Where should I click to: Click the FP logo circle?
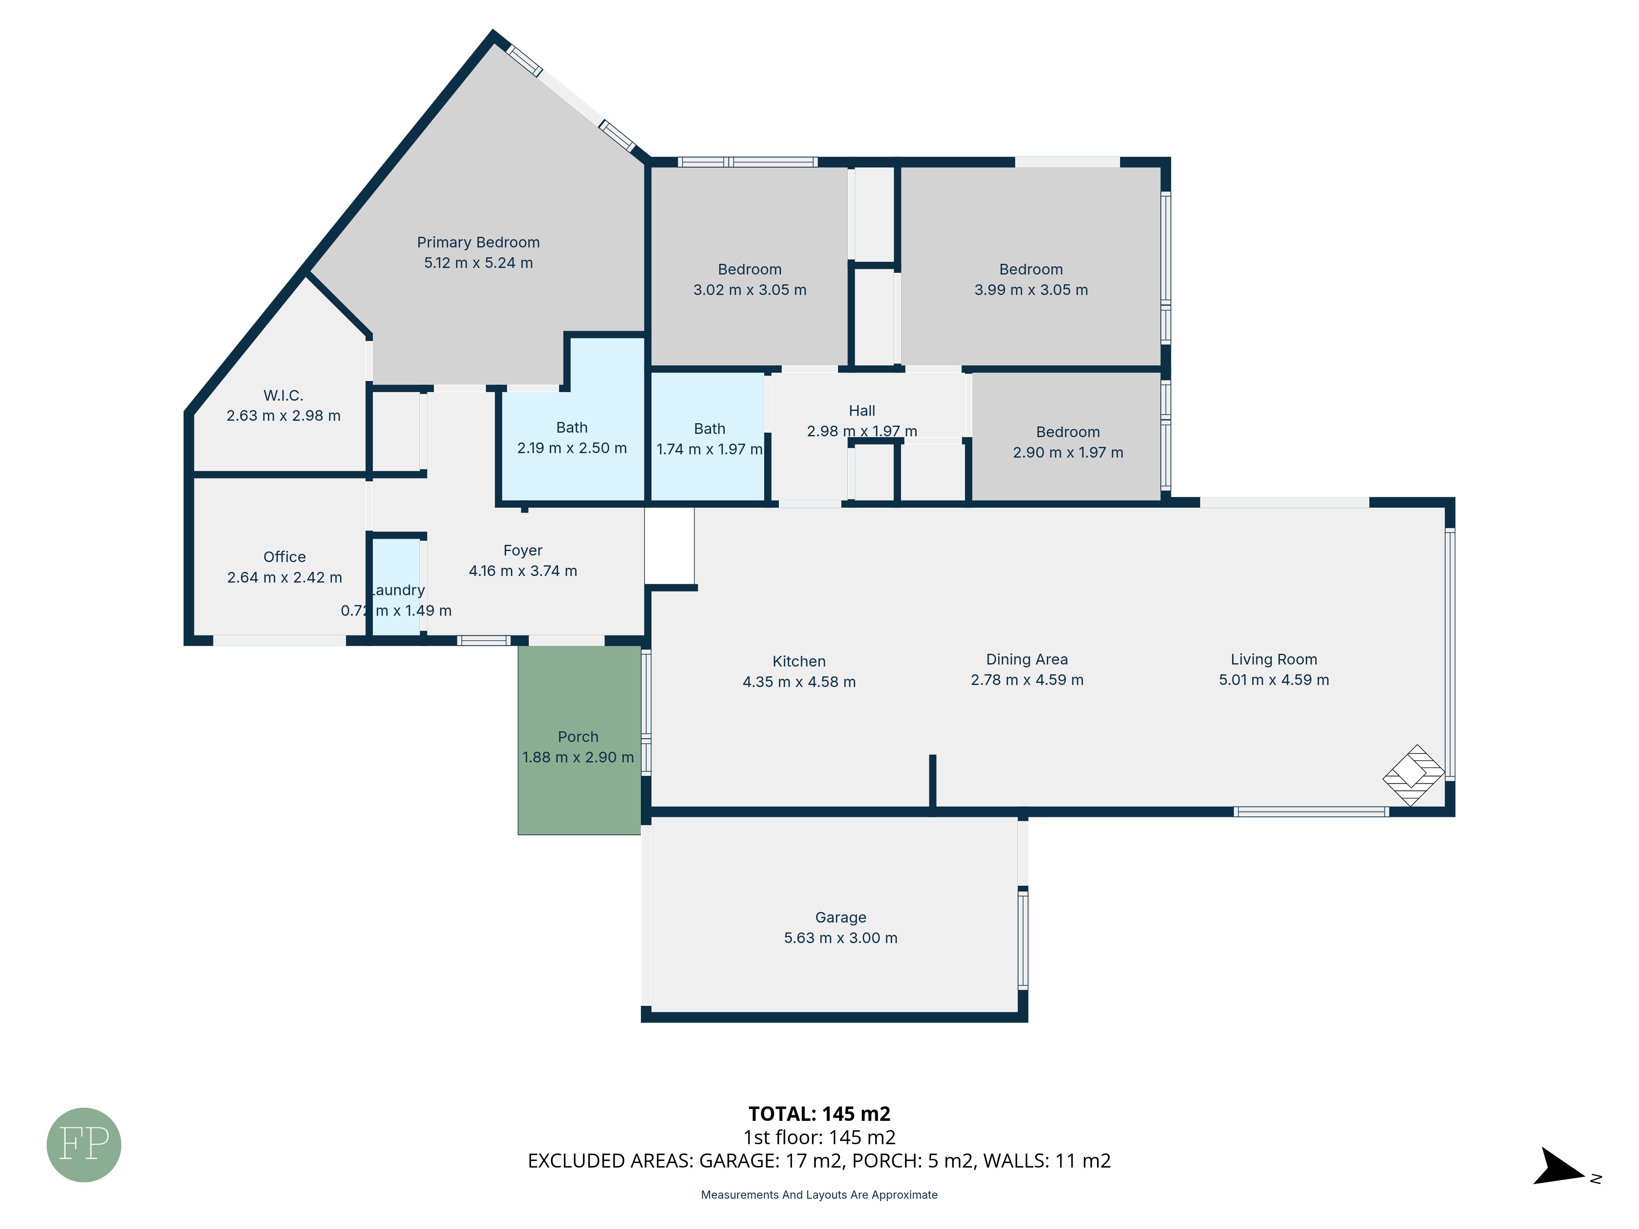pyautogui.click(x=84, y=1145)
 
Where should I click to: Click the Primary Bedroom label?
pyautogui.click(x=478, y=242)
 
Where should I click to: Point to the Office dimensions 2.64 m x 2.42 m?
pyautogui.click(x=284, y=577)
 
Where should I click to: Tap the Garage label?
pyautogui.click(x=840, y=917)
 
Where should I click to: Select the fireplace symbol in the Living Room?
pyautogui.click(x=1413, y=775)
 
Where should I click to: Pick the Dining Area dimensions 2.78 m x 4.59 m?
pyautogui.click(x=1027, y=679)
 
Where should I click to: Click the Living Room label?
pyautogui.click(x=1274, y=659)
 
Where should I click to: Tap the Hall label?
pyautogui.click(x=862, y=410)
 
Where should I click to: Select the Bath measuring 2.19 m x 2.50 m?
pyautogui.click(x=572, y=438)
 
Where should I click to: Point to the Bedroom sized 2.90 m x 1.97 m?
pyautogui.click(x=1068, y=442)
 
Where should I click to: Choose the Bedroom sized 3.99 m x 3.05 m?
pyautogui.click(x=1031, y=279)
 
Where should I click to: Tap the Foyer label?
pyautogui.click(x=522, y=551)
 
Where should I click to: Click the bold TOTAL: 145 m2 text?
pyautogui.click(x=819, y=1113)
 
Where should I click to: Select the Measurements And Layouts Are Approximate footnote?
pyautogui.click(x=819, y=1194)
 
